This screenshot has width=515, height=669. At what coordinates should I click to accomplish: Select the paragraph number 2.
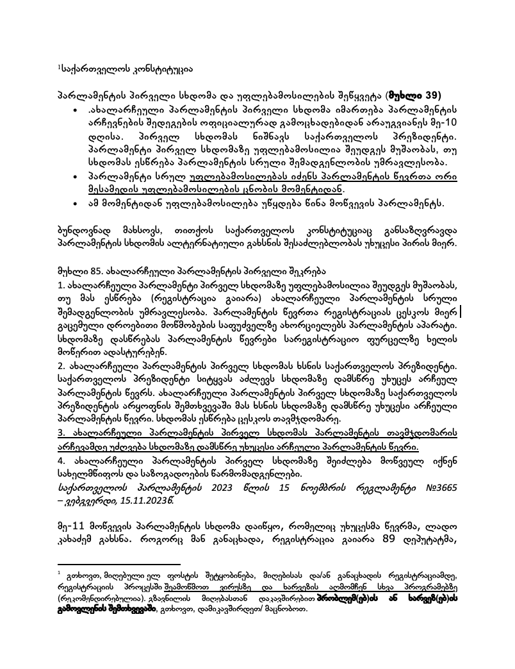[x=61, y=365]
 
